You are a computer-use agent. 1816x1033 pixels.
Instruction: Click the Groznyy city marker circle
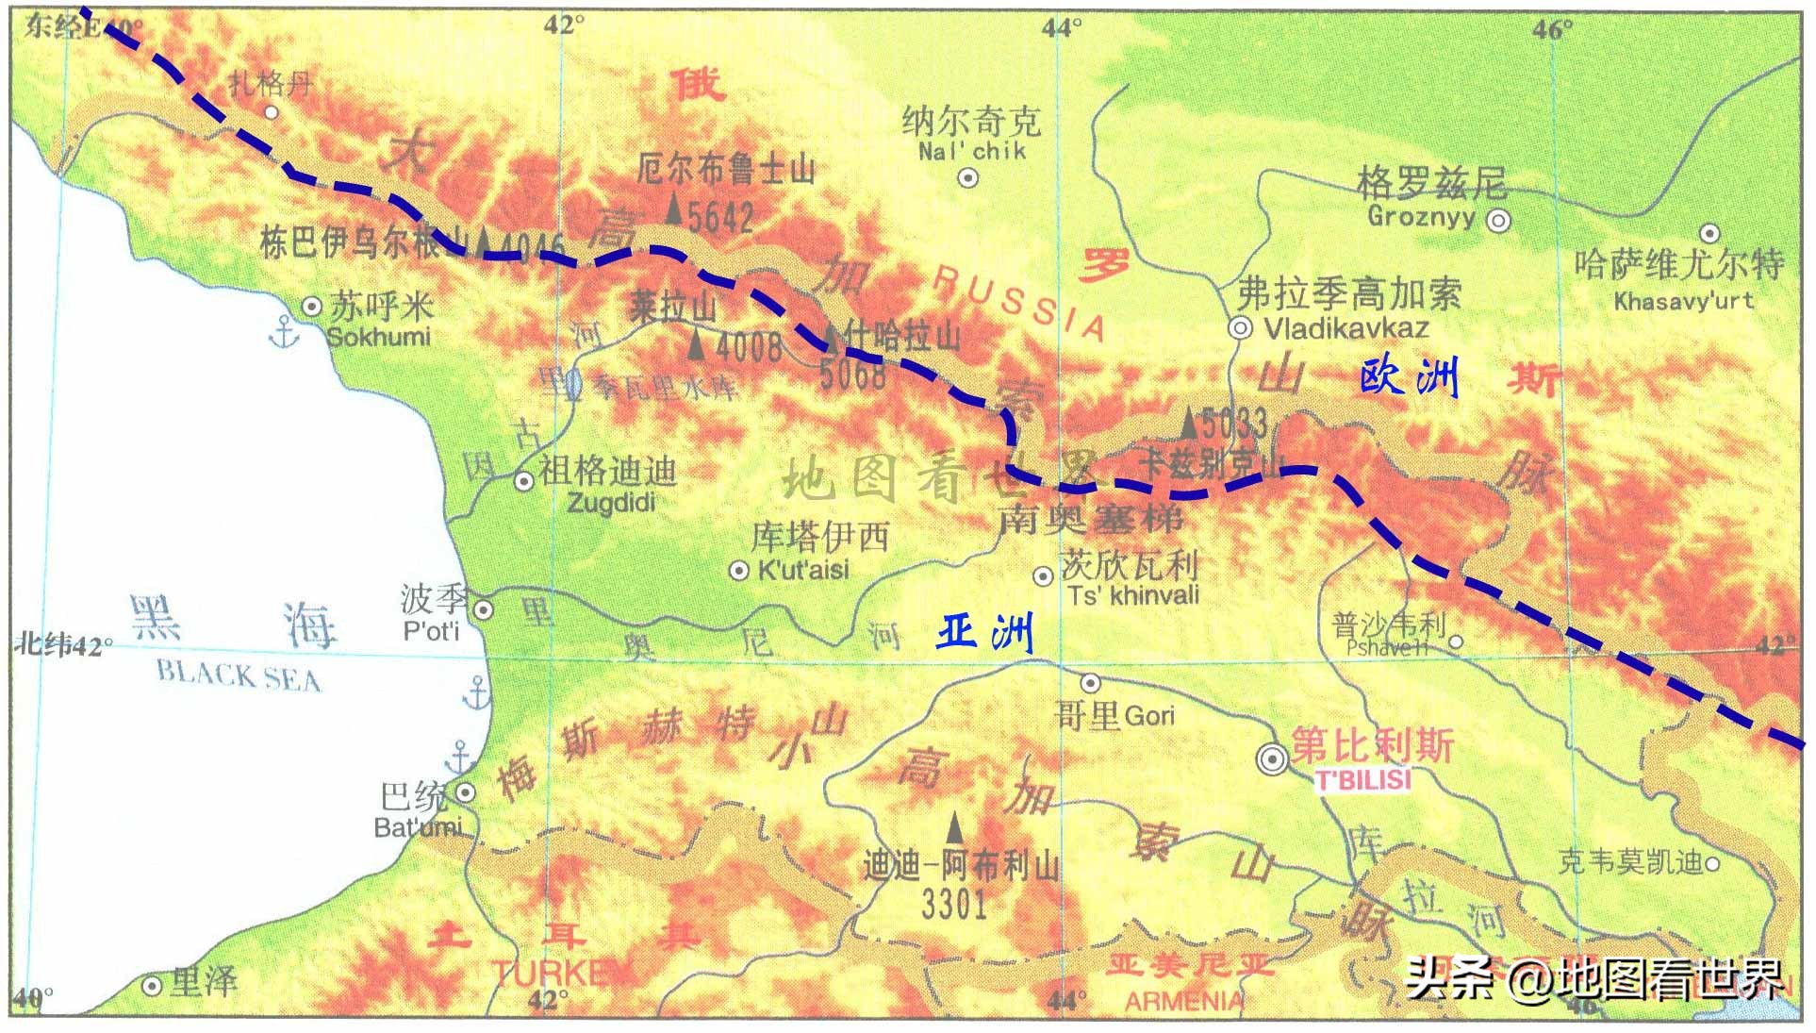coord(1498,221)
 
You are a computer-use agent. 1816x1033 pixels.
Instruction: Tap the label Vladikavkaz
coord(1345,328)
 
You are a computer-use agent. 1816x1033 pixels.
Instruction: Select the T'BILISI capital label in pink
coord(1362,780)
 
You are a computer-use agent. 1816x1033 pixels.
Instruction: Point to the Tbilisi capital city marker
coord(1272,758)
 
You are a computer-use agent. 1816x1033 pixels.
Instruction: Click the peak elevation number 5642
coord(720,218)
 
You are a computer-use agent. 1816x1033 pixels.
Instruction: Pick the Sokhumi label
coord(378,337)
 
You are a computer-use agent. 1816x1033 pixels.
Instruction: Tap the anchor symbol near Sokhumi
coord(283,332)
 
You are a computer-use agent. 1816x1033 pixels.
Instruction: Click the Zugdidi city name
coord(610,502)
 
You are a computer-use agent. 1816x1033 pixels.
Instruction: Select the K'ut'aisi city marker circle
coord(739,570)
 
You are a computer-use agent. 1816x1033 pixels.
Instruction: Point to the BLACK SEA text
coord(238,675)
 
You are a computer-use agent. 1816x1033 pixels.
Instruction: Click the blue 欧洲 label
coord(1409,377)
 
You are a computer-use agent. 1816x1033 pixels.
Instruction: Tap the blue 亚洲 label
coord(985,632)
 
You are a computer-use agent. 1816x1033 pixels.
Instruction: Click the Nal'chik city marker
coord(967,177)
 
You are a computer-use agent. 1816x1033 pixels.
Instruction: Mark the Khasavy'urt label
coord(1684,302)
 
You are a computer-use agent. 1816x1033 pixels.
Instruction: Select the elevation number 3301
coord(954,904)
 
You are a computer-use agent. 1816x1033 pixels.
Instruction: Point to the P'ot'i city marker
coord(483,609)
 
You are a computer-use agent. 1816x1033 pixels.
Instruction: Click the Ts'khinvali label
coord(1133,595)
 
